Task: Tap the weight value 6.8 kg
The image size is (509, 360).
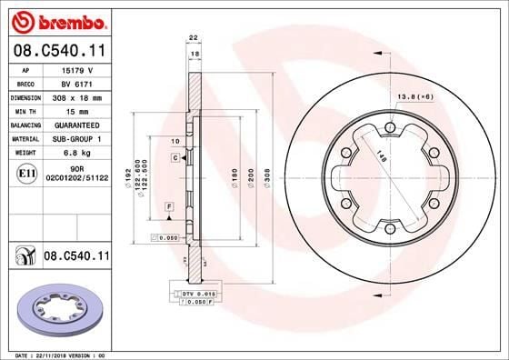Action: [75, 153]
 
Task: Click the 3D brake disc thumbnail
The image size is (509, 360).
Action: [57, 310]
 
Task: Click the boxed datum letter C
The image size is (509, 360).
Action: [174, 158]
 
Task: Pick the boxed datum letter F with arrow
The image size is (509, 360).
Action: [170, 209]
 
